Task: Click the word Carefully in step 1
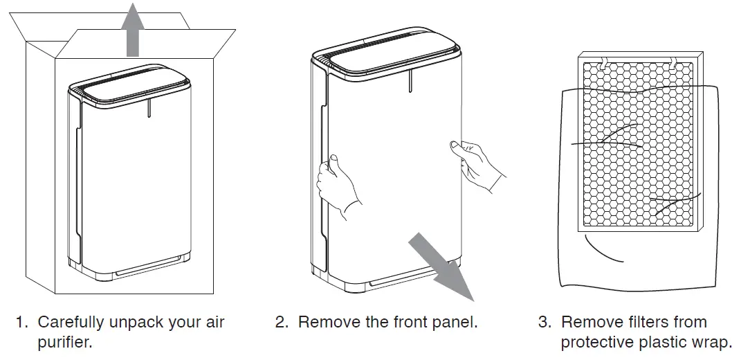click(x=71, y=323)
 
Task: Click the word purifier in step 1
click(x=64, y=342)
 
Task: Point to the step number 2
click(x=281, y=323)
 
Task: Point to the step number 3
click(x=545, y=323)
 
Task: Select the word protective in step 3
click(x=593, y=342)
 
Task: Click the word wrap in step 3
click(x=710, y=342)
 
